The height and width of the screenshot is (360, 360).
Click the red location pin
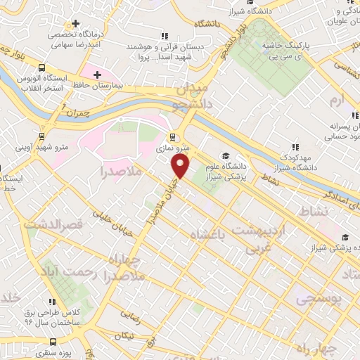[x=181, y=166]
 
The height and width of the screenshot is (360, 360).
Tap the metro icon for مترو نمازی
[x=172, y=137]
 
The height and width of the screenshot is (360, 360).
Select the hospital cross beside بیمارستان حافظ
[x=98, y=74]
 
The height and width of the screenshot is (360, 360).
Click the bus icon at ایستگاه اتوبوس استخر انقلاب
[x=42, y=68]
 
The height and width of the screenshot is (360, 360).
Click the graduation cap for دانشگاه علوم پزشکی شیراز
[x=225, y=155]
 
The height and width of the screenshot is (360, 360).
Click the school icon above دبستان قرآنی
[x=164, y=34]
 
